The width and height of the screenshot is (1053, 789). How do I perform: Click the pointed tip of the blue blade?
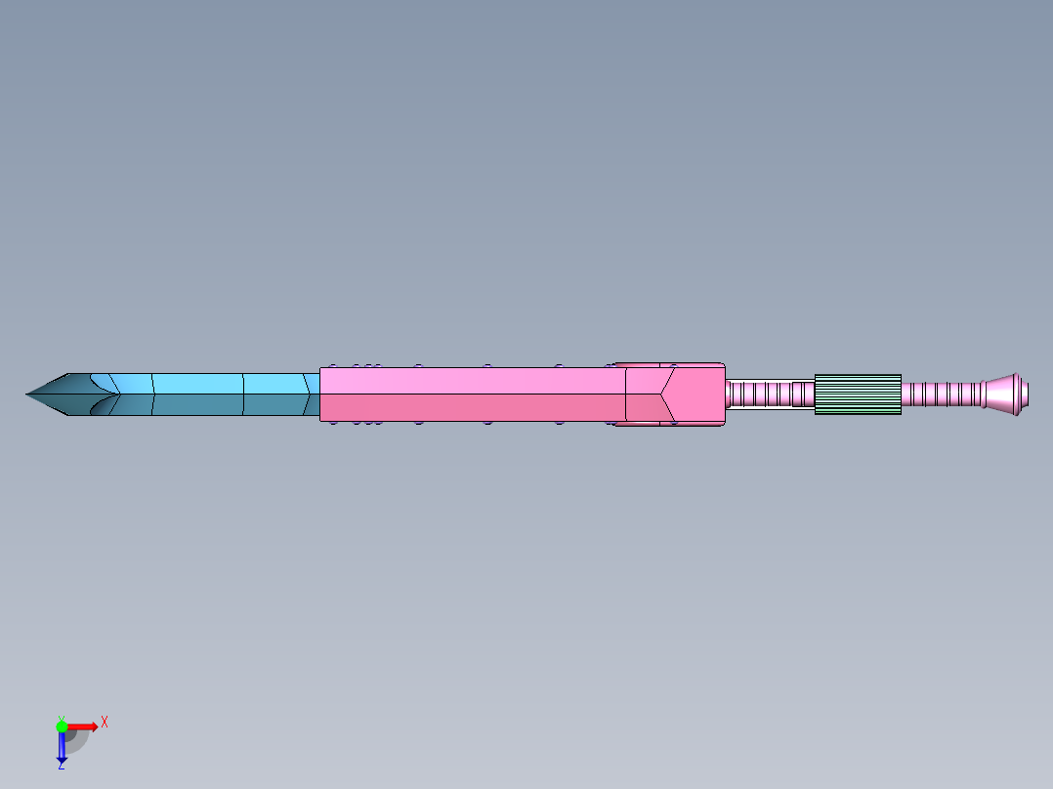click(28, 394)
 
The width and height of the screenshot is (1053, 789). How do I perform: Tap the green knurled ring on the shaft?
click(857, 394)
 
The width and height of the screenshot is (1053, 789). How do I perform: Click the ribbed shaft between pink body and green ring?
click(770, 394)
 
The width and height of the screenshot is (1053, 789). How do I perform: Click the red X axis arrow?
click(83, 727)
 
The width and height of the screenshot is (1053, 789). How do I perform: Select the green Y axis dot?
click(62, 727)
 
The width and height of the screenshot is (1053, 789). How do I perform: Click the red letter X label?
click(105, 722)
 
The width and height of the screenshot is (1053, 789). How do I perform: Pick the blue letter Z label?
click(61, 766)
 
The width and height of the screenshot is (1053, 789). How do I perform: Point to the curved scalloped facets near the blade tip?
click(102, 394)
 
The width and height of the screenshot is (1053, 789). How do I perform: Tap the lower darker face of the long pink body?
click(469, 407)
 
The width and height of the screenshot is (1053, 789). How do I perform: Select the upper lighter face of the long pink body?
click(469, 381)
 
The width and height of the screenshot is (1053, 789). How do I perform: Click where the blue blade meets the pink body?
click(319, 394)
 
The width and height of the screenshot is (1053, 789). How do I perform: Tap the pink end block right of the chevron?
click(698, 394)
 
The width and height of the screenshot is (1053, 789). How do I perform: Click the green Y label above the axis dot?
click(61, 717)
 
